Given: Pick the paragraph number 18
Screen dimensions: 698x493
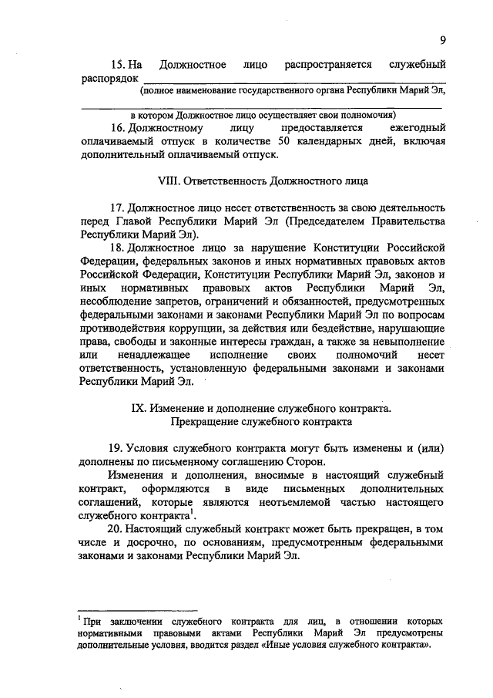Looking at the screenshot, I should pyautogui.click(x=117, y=247).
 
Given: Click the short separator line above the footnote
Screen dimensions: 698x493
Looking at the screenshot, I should pyautogui.click(x=117, y=609).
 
